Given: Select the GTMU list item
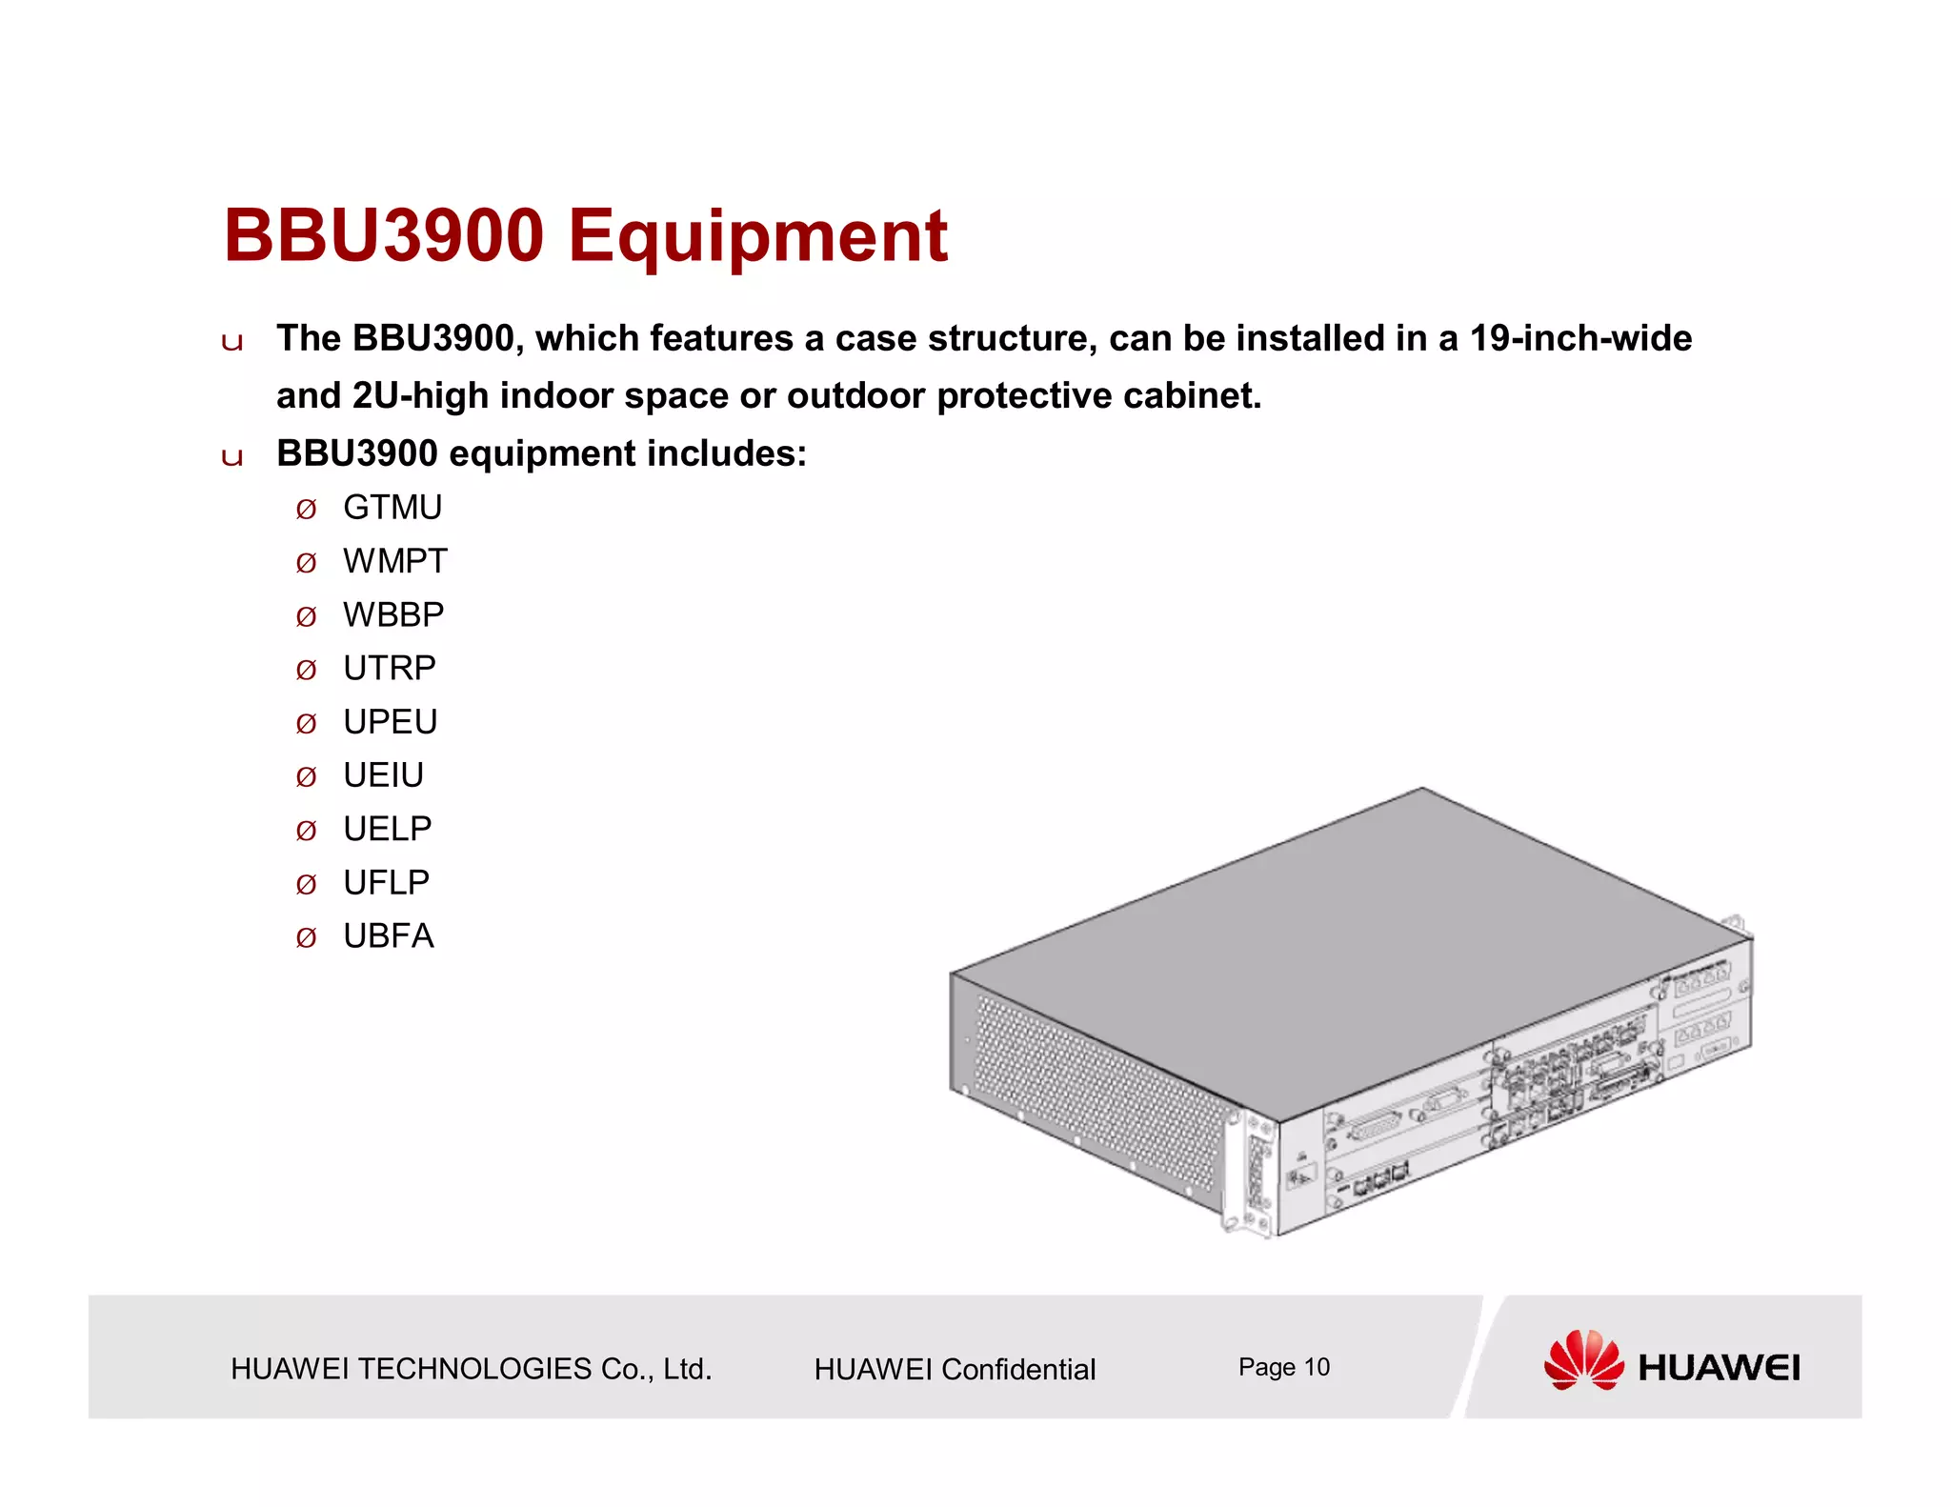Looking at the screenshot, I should click(392, 508).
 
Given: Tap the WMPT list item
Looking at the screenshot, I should click(395, 561).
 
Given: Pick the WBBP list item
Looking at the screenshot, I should click(393, 614).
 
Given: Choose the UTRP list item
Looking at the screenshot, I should click(390, 668).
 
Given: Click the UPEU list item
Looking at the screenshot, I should click(391, 722).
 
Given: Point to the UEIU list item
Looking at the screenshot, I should click(383, 775).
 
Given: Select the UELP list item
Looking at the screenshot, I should click(387, 829).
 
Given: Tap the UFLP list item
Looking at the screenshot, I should click(386, 882).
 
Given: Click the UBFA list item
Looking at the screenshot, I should click(389, 936).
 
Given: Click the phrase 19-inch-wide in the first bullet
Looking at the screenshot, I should click(1580, 338).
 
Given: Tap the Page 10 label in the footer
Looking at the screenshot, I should click(1283, 1367).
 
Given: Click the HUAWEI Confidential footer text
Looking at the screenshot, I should click(955, 1369).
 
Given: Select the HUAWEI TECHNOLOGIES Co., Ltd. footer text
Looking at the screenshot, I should click(472, 1369).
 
